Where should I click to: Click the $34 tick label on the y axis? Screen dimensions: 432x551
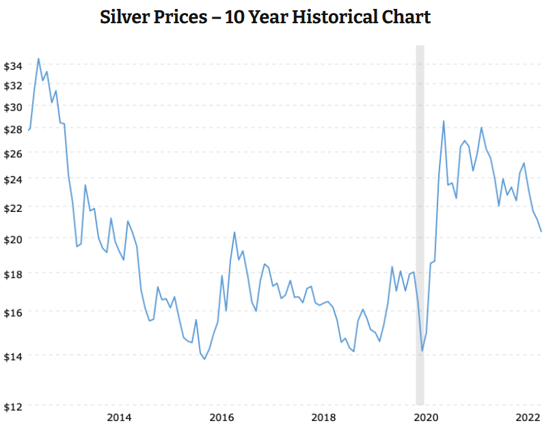[x=13, y=66]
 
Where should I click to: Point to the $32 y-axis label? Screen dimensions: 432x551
[x=13, y=86]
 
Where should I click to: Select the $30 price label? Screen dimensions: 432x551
[x=13, y=107]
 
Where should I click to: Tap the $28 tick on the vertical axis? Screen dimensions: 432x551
[x=13, y=130]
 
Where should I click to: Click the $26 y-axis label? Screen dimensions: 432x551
[x=13, y=154]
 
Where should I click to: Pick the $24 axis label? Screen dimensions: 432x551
[x=13, y=178]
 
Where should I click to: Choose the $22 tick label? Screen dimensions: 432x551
[x=13, y=207]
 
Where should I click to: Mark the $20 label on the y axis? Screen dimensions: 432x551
[x=13, y=239]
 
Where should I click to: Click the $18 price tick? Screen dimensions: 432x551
[x=13, y=273]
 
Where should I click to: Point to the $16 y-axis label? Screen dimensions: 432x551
[x=13, y=312]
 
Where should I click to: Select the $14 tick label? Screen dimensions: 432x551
[x=13, y=355]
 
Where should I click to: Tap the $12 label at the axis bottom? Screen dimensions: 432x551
[x=13, y=407]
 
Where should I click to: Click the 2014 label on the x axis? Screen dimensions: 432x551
[x=120, y=418]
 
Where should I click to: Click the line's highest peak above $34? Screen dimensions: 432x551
[x=38, y=59]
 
